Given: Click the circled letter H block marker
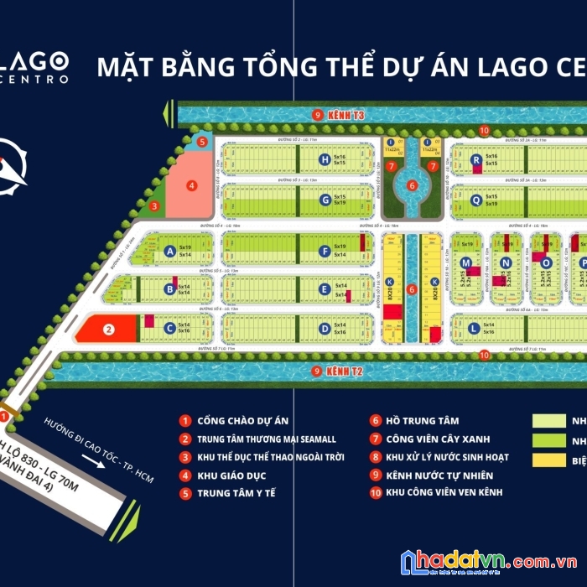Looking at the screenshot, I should [x=324, y=159].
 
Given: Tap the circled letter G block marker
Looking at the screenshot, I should [x=324, y=200].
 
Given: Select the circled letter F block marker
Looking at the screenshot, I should [x=324, y=250].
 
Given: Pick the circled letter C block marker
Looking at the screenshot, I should [x=169, y=329].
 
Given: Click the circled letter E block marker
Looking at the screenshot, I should [x=324, y=289].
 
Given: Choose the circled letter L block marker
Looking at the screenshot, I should [x=474, y=329].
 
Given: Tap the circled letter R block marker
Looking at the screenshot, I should [x=475, y=159].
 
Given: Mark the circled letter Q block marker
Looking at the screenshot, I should [x=475, y=200].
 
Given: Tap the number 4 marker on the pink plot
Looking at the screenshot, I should [x=191, y=185].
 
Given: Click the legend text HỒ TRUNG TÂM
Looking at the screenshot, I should [x=423, y=421].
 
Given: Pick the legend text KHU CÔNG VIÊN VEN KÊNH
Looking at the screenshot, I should [x=444, y=491].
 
